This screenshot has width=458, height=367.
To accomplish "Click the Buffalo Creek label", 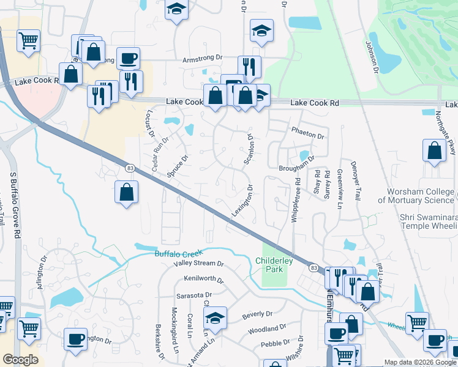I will point(178,253).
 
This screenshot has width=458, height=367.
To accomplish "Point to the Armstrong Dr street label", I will point(203,58).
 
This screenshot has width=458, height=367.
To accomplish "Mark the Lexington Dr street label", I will point(242,201).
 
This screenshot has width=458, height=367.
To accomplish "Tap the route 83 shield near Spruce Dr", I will point(129,168).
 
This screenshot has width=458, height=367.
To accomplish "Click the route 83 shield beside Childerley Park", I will point(313,268).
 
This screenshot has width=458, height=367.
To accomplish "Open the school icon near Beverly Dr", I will point(215,317).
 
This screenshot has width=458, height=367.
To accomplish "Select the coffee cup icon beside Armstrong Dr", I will point(128,57).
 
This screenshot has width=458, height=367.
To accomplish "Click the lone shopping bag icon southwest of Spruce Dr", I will point(126,191).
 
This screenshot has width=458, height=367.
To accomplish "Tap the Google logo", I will point(20,360).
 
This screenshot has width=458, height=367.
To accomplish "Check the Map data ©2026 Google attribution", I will point(420,362).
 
